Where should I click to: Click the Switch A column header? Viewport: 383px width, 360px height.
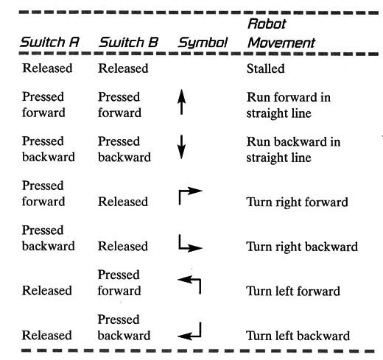click(50, 42)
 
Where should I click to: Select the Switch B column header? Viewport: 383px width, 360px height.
click(129, 42)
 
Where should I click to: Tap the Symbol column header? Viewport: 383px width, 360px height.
click(203, 43)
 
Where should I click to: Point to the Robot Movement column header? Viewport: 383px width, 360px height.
click(281, 34)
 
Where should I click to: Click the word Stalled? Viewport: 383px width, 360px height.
click(266, 68)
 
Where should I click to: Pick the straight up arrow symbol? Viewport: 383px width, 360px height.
click(181, 102)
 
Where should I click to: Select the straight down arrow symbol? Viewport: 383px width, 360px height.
click(181, 147)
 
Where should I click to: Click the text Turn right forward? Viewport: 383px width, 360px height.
click(298, 202)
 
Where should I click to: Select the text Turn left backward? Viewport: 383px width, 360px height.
click(298, 336)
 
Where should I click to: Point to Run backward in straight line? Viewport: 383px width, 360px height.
click(293, 149)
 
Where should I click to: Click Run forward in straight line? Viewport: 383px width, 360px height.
click(289, 105)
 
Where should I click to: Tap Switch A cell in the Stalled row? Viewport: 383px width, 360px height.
click(47, 68)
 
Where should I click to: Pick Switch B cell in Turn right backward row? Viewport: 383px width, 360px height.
click(123, 246)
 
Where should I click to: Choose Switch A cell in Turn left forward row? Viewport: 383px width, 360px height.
click(47, 291)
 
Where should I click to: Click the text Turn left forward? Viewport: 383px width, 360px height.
click(293, 292)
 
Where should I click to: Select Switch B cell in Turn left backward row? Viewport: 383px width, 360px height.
click(124, 328)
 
